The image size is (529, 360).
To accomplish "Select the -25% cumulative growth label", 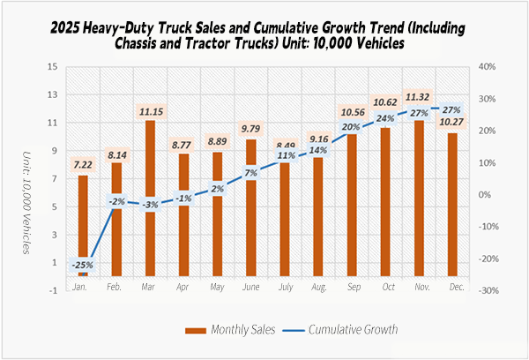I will click(x=83, y=263).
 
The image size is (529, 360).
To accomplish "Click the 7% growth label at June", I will click(x=250, y=172).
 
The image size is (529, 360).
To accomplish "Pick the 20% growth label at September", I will click(x=351, y=127).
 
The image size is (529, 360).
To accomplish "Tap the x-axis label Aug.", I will click(x=318, y=289).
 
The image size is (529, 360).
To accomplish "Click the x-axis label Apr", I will click(x=182, y=289).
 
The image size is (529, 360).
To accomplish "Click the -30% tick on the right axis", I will click(x=489, y=290).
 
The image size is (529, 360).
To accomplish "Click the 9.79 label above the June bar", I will click(x=251, y=126).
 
